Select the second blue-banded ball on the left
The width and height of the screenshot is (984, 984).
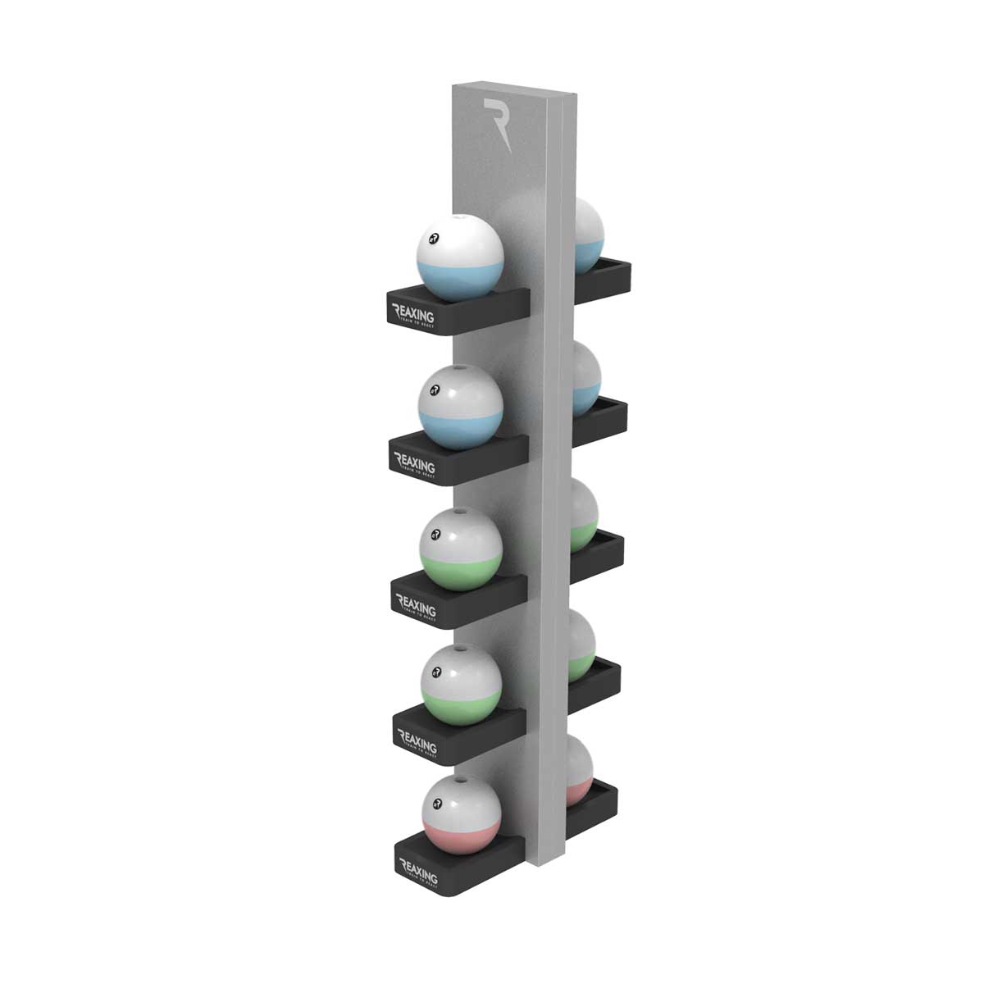tap(460, 407)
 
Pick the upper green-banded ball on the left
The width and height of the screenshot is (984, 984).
tap(461, 549)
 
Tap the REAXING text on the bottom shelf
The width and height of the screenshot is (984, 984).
tap(417, 868)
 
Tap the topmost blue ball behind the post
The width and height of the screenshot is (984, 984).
tap(589, 234)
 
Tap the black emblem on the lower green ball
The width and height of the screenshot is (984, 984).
tap(435, 671)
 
